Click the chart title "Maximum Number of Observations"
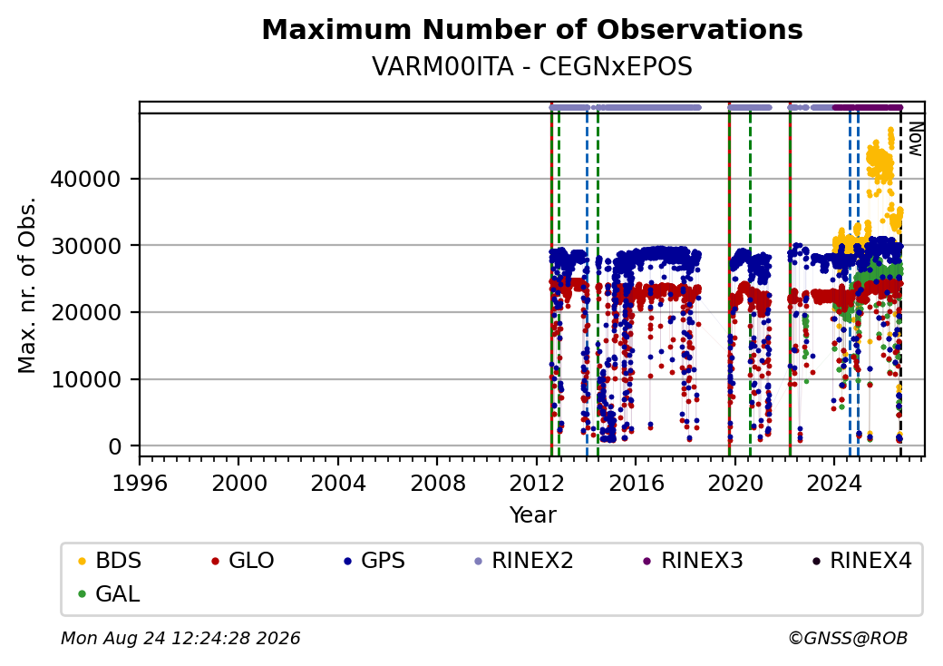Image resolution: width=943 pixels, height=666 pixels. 532,29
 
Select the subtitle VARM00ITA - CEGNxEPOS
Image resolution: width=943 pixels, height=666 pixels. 532,66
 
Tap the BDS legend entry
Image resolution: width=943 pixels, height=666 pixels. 110,561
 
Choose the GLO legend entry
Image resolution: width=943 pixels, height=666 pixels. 242,561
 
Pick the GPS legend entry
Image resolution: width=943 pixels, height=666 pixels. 374,561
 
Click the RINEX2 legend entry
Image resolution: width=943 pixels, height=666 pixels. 523,561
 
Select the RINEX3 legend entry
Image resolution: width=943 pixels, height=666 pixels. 693,561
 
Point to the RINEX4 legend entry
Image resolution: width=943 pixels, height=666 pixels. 861,561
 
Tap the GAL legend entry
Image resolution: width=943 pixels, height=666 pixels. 109,593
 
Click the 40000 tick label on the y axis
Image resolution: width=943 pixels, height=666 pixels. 85,180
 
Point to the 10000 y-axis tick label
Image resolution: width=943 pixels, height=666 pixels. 85,379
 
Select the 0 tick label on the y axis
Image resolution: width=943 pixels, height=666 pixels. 115,447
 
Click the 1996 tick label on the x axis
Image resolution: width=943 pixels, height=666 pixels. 141,483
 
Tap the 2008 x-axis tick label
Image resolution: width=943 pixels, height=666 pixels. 437,483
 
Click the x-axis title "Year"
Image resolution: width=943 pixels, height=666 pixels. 532,515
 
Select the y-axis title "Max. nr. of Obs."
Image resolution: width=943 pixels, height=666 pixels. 27,285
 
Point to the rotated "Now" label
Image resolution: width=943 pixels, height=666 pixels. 915,139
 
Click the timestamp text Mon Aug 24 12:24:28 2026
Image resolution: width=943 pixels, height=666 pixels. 180,638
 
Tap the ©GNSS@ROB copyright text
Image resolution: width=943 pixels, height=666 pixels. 848,638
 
